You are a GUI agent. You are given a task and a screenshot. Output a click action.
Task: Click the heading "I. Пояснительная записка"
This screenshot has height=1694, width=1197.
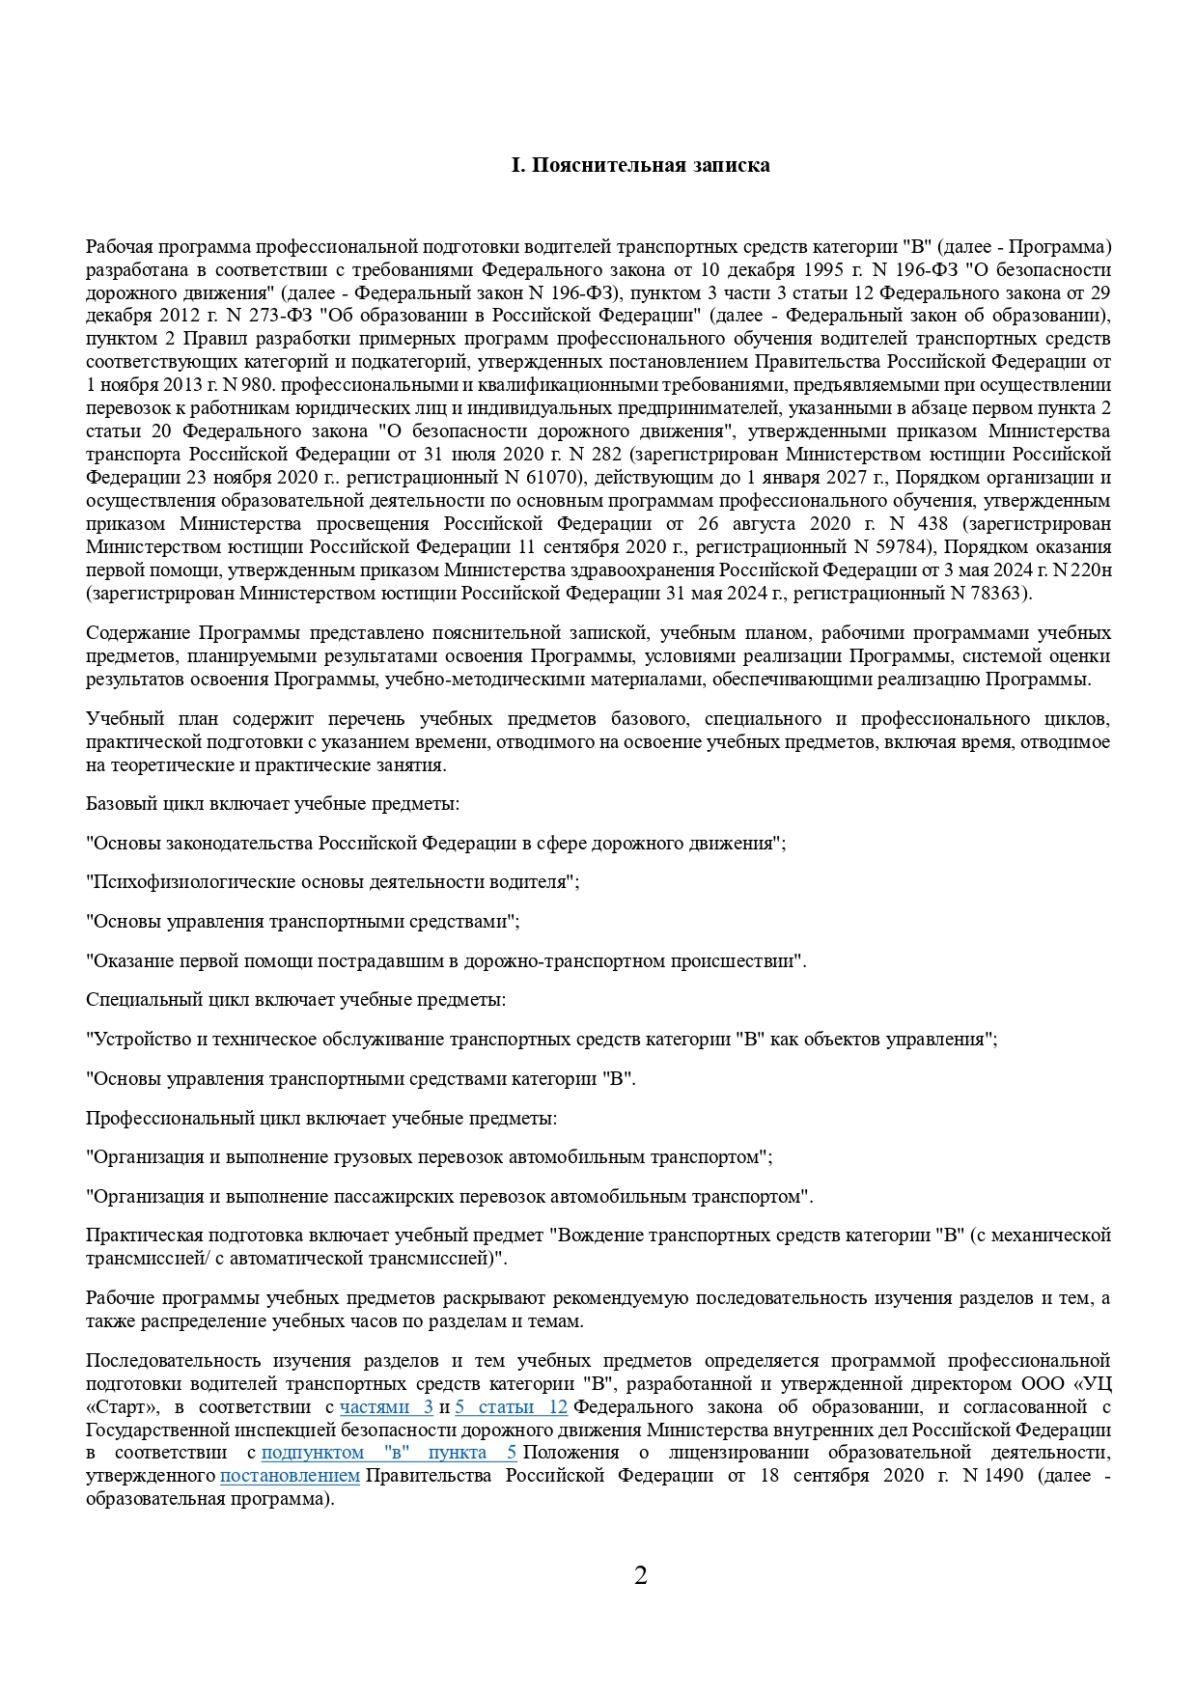pos(640,165)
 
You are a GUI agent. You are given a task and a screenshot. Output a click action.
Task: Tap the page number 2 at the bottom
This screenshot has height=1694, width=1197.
pos(641,1576)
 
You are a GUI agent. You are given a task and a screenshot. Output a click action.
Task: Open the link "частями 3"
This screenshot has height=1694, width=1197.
pos(386,1407)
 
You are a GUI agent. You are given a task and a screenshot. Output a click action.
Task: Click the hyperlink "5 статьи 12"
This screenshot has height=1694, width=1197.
pos(511,1407)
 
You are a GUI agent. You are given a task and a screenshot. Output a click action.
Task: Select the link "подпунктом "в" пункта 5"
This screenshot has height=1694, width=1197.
pos(389,1454)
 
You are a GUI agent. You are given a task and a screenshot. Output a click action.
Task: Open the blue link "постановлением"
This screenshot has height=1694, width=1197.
pos(290,1477)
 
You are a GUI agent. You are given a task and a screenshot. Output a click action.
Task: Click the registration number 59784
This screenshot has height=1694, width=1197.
pos(900,547)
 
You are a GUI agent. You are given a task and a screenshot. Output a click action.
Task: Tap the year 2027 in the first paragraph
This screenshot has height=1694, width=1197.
pos(846,478)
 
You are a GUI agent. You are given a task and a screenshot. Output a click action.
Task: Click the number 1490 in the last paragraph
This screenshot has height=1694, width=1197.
pos(1003,1477)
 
